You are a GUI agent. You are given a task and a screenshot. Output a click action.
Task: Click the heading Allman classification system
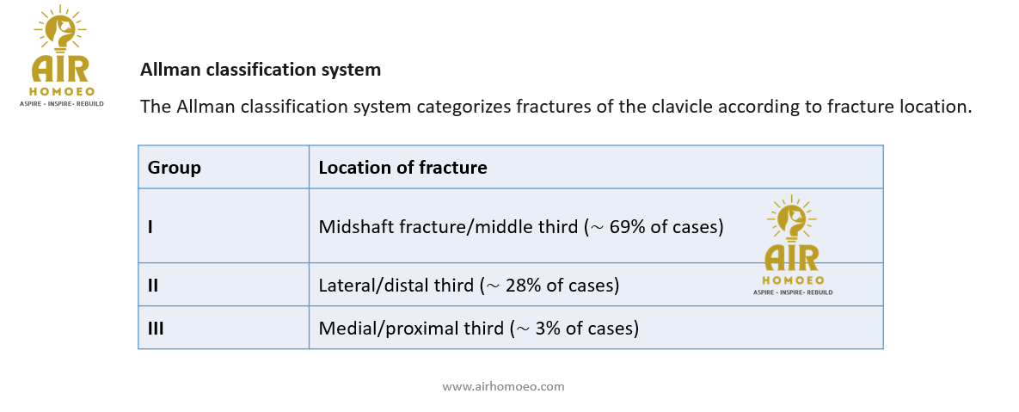point(261,70)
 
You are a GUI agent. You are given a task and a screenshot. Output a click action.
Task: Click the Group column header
point(175,168)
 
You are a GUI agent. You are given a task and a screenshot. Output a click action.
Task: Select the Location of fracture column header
point(402,168)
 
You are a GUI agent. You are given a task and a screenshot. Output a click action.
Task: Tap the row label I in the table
point(150,227)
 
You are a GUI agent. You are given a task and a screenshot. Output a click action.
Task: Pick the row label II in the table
point(153,286)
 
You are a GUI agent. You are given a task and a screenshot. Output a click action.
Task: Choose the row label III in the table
point(156,329)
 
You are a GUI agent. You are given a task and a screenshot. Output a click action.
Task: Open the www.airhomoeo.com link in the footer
point(503,387)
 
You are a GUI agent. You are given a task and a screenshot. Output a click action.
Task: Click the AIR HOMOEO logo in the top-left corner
point(62,56)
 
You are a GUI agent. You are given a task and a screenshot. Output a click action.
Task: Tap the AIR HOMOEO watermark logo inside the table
point(792,245)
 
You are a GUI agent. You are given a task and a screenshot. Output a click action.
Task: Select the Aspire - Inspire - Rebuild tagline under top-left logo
point(62,104)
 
